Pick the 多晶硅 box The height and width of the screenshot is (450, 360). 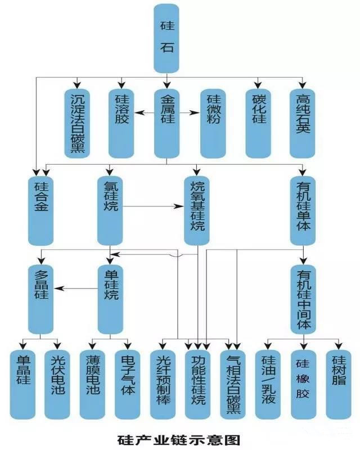41,298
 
